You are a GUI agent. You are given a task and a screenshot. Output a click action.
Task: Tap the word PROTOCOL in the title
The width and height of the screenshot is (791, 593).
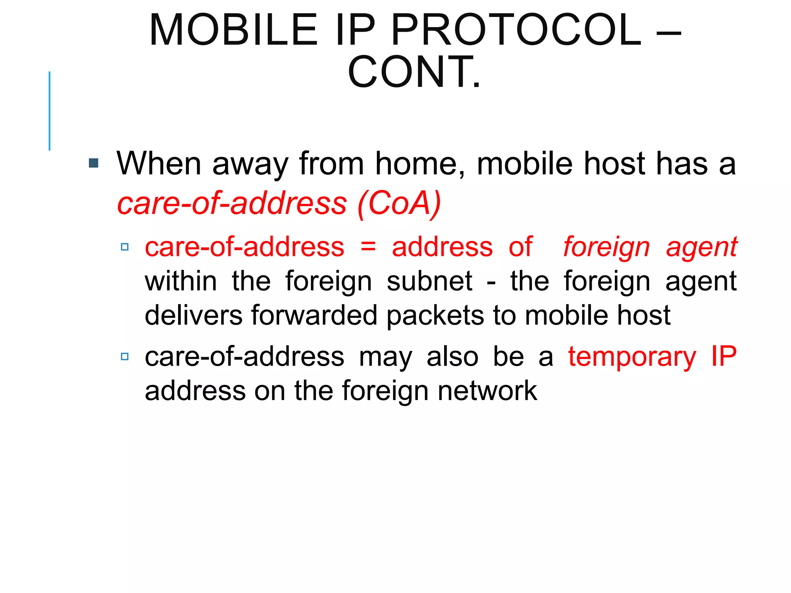(x=516, y=30)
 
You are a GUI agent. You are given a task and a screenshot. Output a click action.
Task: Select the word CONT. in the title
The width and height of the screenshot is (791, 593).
(x=414, y=72)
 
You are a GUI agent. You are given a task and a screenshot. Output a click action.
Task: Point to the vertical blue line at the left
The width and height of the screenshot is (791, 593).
(x=49, y=111)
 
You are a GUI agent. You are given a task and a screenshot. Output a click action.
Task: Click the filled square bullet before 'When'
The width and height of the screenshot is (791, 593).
(x=93, y=163)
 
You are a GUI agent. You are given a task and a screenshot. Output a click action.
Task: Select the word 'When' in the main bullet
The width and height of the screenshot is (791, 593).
(x=159, y=164)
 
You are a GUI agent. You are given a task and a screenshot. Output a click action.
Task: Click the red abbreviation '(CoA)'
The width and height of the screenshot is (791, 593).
(x=399, y=204)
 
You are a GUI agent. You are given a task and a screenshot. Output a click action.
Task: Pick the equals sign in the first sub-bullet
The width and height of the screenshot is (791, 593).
(x=368, y=247)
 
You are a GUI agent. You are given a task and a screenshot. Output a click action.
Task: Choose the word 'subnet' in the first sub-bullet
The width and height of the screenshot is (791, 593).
(x=429, y=281)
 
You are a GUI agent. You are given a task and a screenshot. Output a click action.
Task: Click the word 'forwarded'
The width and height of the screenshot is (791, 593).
(x=314, y=315)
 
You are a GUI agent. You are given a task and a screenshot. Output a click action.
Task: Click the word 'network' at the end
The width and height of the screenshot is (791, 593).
(x=487, y=391)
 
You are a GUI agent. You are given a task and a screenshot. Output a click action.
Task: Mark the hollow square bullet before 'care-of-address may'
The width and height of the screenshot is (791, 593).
(x=124, y=356)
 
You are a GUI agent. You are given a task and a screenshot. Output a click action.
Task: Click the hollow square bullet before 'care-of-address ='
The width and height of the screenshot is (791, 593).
(x=124, y=247)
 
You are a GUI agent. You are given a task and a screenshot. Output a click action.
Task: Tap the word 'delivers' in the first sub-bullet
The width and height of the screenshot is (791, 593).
(x=194, y=315)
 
